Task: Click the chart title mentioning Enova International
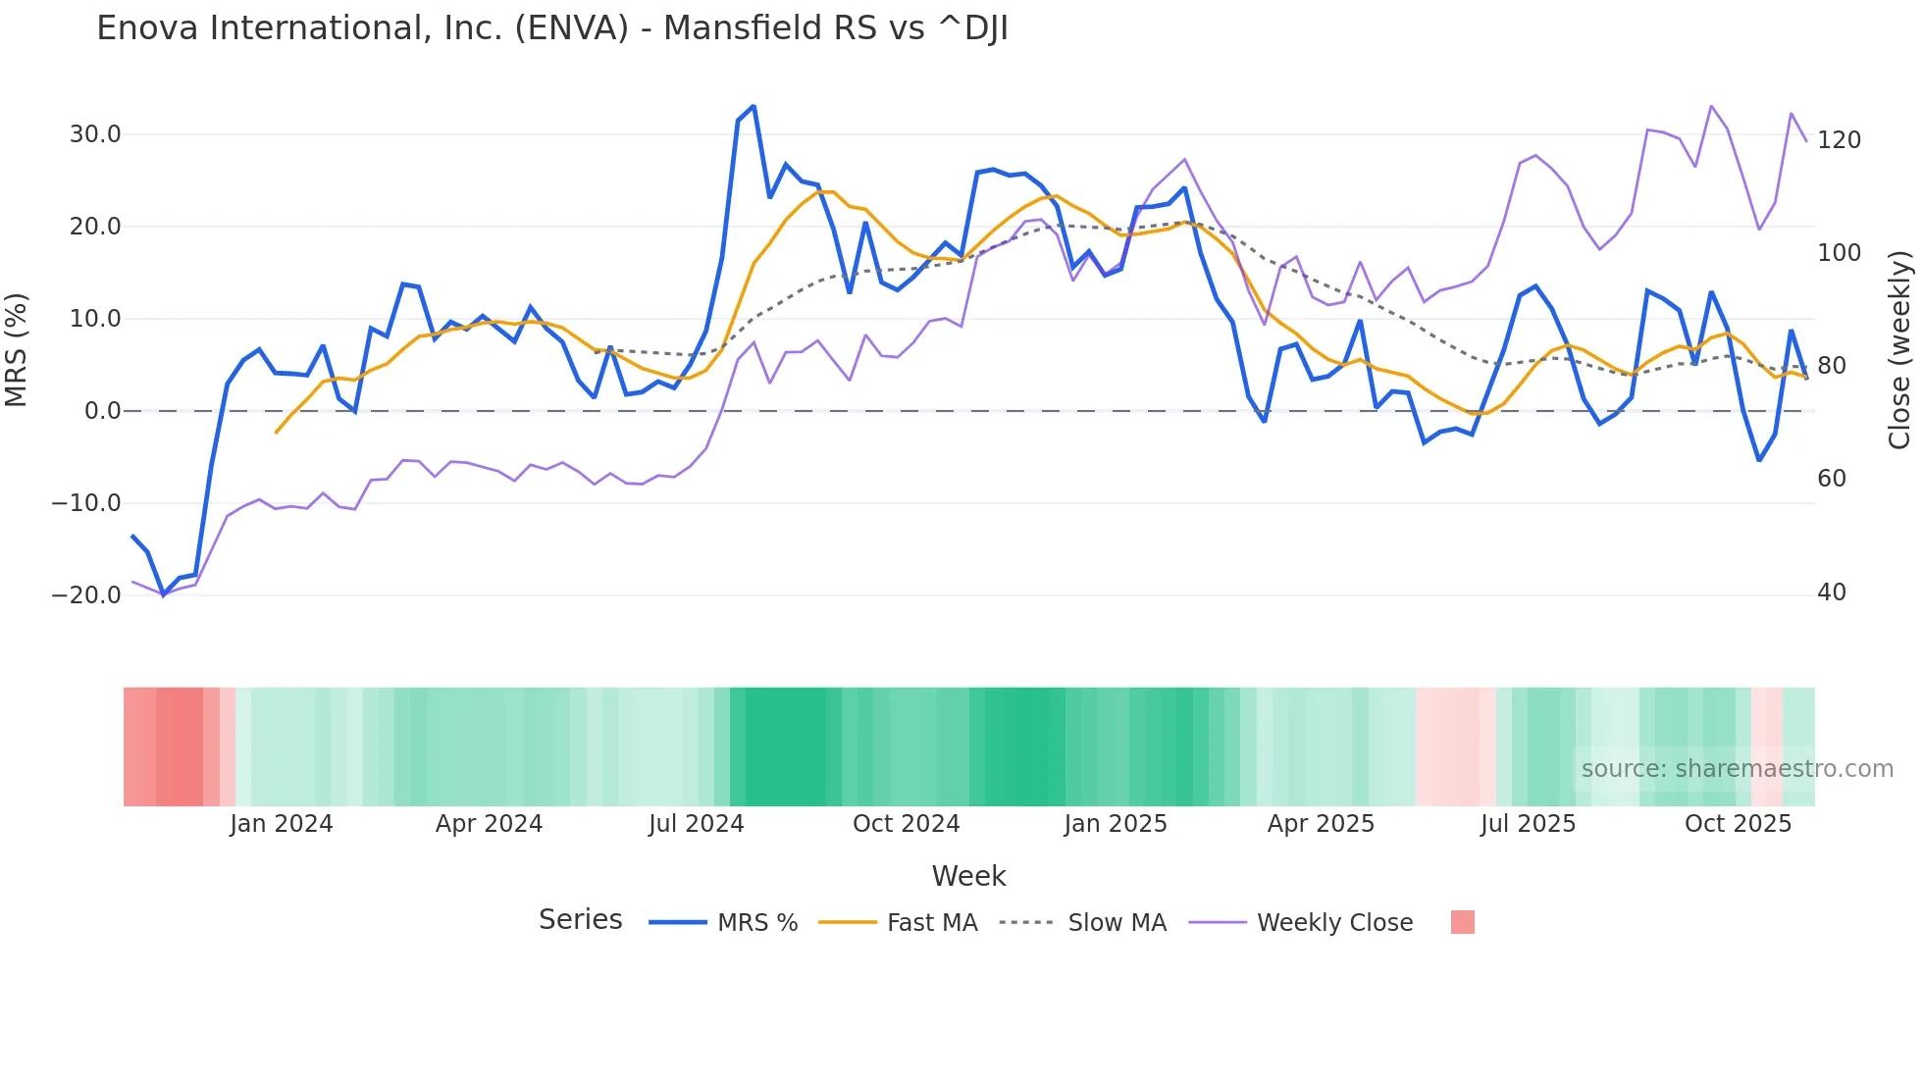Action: [552, 28]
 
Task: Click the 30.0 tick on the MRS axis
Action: [95, 134]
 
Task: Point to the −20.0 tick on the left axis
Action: [86, 595]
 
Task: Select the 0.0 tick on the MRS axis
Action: [102, 411]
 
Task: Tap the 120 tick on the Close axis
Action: [1839, 140]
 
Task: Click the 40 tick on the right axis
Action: [1832, 592]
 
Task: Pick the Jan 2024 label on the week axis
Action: [282, 824]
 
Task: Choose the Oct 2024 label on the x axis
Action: [906, 824]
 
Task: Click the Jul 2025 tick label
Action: [1528, 824]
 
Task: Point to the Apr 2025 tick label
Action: [1321, 824]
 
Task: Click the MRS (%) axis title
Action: [17, 350]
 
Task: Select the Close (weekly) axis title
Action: [1899, 350]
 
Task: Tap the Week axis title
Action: [968, 876]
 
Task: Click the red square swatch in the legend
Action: [1462, 922]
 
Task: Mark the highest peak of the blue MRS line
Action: [754, 106]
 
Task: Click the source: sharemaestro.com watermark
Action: [1737, 769]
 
